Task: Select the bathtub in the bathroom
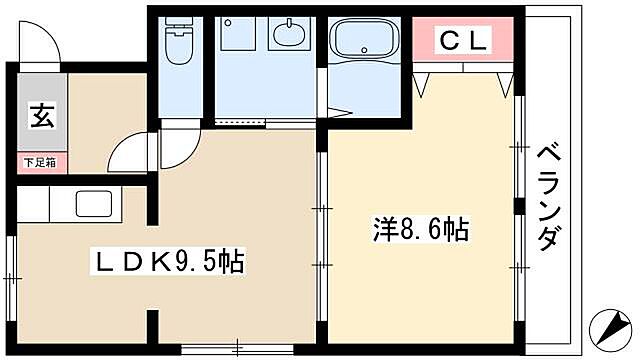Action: click(x=364, y=43)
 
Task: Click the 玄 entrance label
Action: click(x=40, y=117)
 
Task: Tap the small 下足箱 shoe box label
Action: click(x=40, y=160)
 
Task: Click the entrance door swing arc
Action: click(x=42, y=42)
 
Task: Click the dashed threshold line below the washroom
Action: click(x=246, y=122)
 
